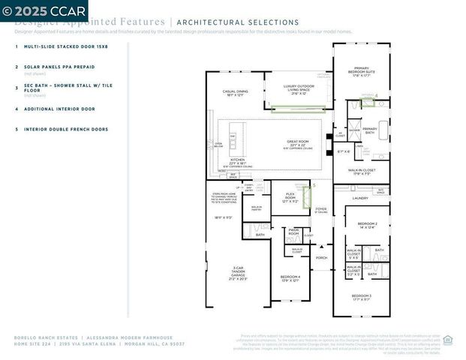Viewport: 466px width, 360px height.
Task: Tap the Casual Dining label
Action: pyautogui.click(x=235, y=93)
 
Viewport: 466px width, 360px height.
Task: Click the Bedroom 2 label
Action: pyautogui.click(x=367, y=225)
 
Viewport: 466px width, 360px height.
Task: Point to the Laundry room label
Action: pyautogui.click(x=360, y=198)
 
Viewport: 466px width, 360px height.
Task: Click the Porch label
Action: pyautogui.click(x=321, y=257)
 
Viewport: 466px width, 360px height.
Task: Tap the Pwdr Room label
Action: pyautogui.click(x=293, y=233)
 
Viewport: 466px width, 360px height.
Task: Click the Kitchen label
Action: pyautogui.click(x=237, y=161)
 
